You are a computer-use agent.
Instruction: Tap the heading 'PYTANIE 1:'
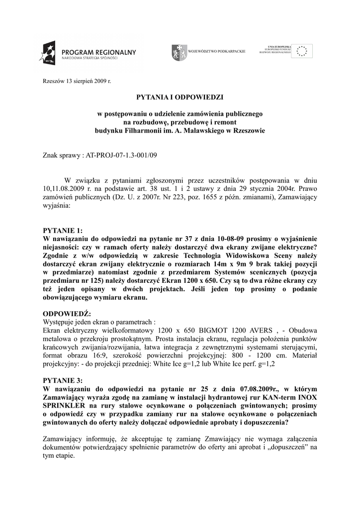tap(62, 230)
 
